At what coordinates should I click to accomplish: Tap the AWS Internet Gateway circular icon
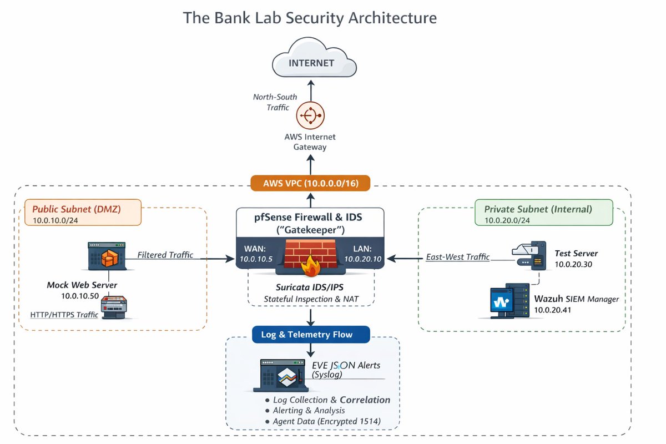point(311,115)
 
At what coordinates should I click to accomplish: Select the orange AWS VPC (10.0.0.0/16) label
point(310,183)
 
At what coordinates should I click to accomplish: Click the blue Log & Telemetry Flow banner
point(311,335)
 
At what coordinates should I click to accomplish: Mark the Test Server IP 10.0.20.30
point(573,264)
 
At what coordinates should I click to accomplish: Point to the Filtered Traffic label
point(165,255)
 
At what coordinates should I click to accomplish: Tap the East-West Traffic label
point(458,257)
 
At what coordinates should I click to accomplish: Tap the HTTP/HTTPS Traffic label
point(64,315)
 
